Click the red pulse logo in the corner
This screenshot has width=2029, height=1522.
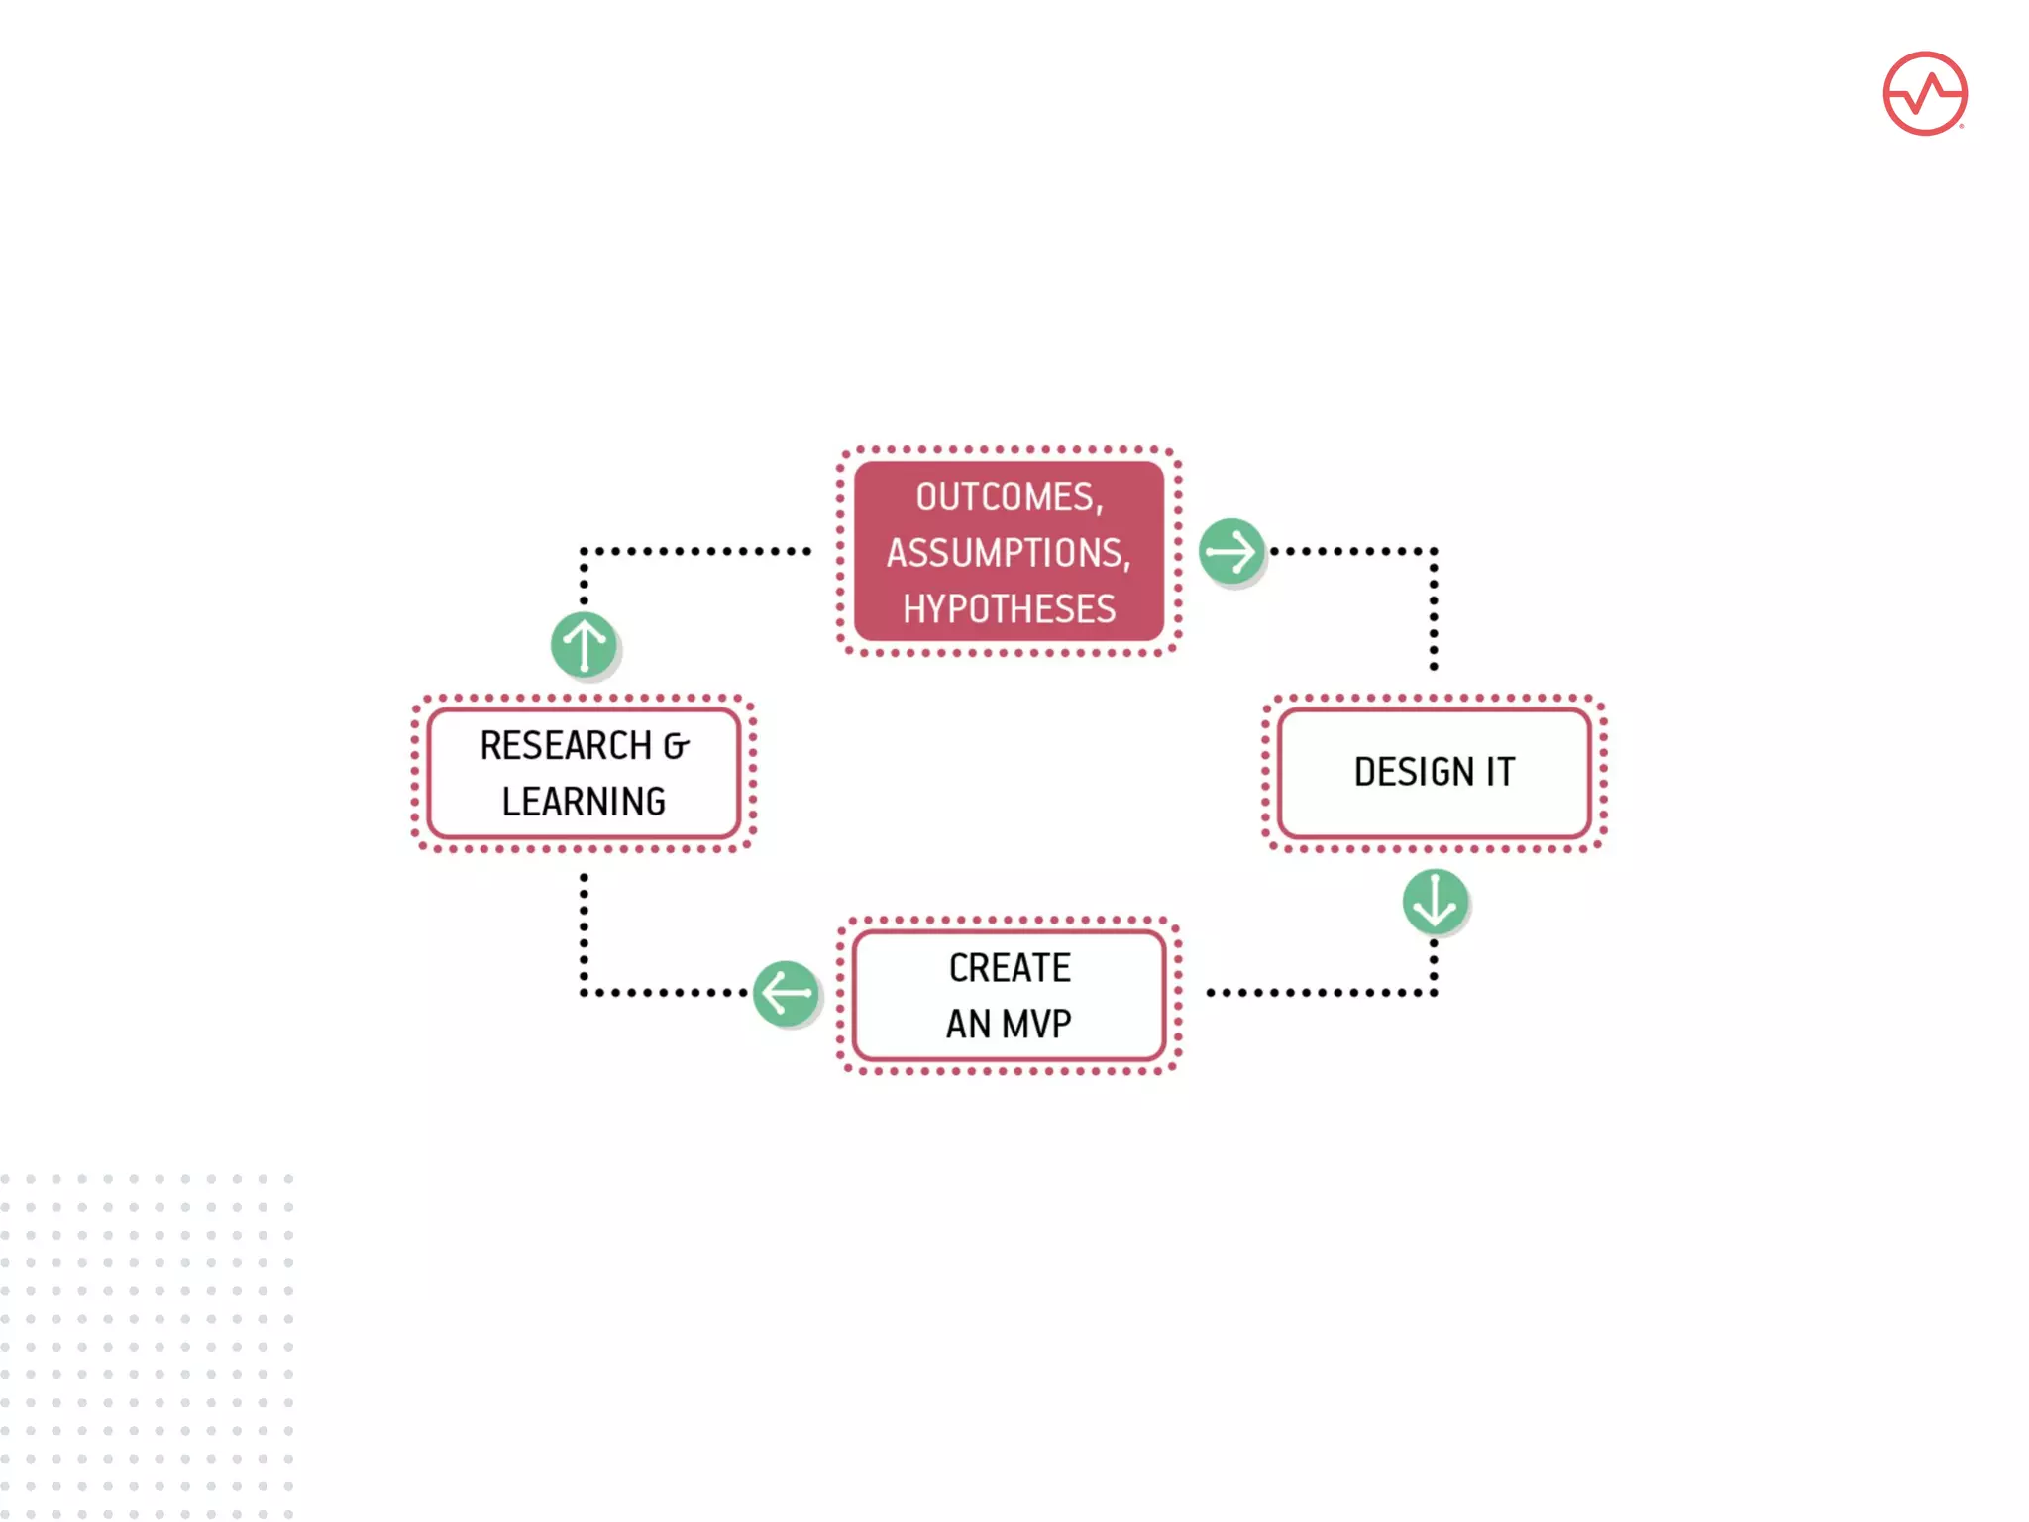click(x=1924, y=93)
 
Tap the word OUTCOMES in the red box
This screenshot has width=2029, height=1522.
click(x=1007, y=496)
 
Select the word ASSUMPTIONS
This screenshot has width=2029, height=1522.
click(x=1007, y=553)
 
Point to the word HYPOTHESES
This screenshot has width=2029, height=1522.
click(x=1009, y=608)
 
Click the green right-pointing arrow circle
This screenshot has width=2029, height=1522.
click(x=1231, y=551)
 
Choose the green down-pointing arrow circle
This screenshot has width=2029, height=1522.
click(x=1435, y=901)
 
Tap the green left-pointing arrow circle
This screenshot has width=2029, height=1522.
click(x=786, y=992)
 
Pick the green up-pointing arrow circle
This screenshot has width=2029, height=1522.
click(x=584, y=644)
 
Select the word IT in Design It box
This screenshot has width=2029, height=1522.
click(x=1500, y=772)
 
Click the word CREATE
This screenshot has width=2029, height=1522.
click(x=1010, y=968)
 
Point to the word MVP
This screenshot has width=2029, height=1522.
click(x=1036, y=1024)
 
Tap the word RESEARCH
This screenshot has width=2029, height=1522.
click(x=566, y=745)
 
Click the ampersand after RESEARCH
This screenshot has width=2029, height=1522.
click(x=676, y=746)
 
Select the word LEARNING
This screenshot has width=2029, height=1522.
click(x=584, y=802)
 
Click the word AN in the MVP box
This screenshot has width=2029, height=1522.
click(x=968, y=1024)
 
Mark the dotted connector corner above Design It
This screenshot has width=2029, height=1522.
click(x=1434, y=551)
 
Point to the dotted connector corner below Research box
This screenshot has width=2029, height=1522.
click(x=584, y=992)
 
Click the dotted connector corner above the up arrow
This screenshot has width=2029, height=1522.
click(x=584, y=551)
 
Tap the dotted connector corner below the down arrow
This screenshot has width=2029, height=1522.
click(x=1434, y=992)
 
